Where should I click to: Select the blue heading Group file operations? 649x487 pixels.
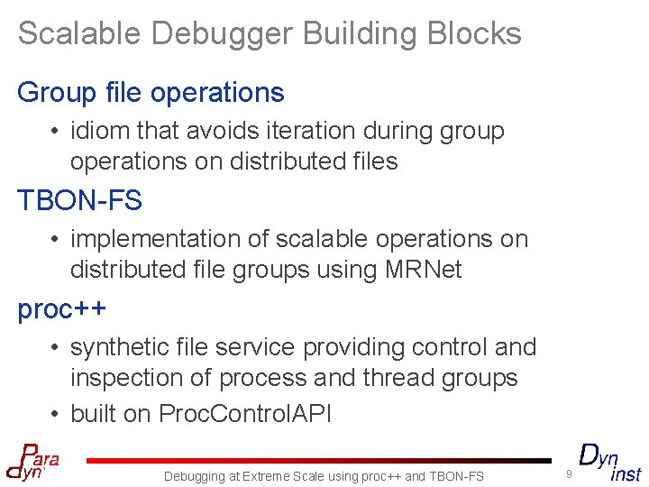click(x=151, y=92)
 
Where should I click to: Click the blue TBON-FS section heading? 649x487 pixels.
click(x=80, y=200)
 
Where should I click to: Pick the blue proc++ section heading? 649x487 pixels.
click(x=62, y=308)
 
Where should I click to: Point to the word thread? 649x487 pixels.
click(x=401, y=378)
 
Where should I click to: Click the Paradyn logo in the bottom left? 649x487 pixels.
click(x=32, y=461)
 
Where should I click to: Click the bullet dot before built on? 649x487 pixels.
click(x=56, y=414)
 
